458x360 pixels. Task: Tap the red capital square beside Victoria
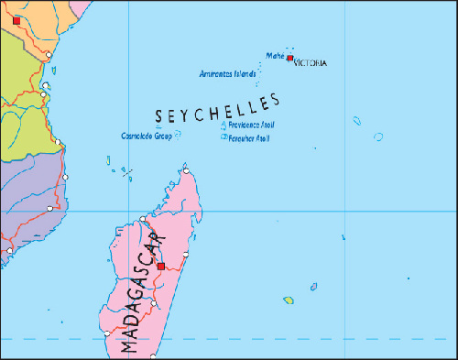click(x=290, y=59)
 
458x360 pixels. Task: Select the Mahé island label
click(x=275, y=56)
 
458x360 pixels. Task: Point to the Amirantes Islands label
click(x=227, y=73)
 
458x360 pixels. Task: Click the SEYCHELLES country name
click(x=217, y=109)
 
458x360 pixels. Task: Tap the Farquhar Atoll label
click(x=250, y=139)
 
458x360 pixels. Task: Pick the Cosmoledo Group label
click(x=147, y=136)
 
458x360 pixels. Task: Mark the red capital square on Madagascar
click(x=161, y=266)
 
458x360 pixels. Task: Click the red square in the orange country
click(x=16, y=19)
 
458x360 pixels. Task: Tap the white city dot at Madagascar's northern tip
click(x=186, y=170)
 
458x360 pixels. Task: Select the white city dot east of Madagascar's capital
click(x=186, y=257)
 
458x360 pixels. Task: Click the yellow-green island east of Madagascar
click(x=289, y=300)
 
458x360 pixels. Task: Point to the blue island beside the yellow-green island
click(x=313, y=287)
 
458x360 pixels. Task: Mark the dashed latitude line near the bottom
click(x=275, y=339)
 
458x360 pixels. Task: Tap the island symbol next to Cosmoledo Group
click(x=178, y=135)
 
